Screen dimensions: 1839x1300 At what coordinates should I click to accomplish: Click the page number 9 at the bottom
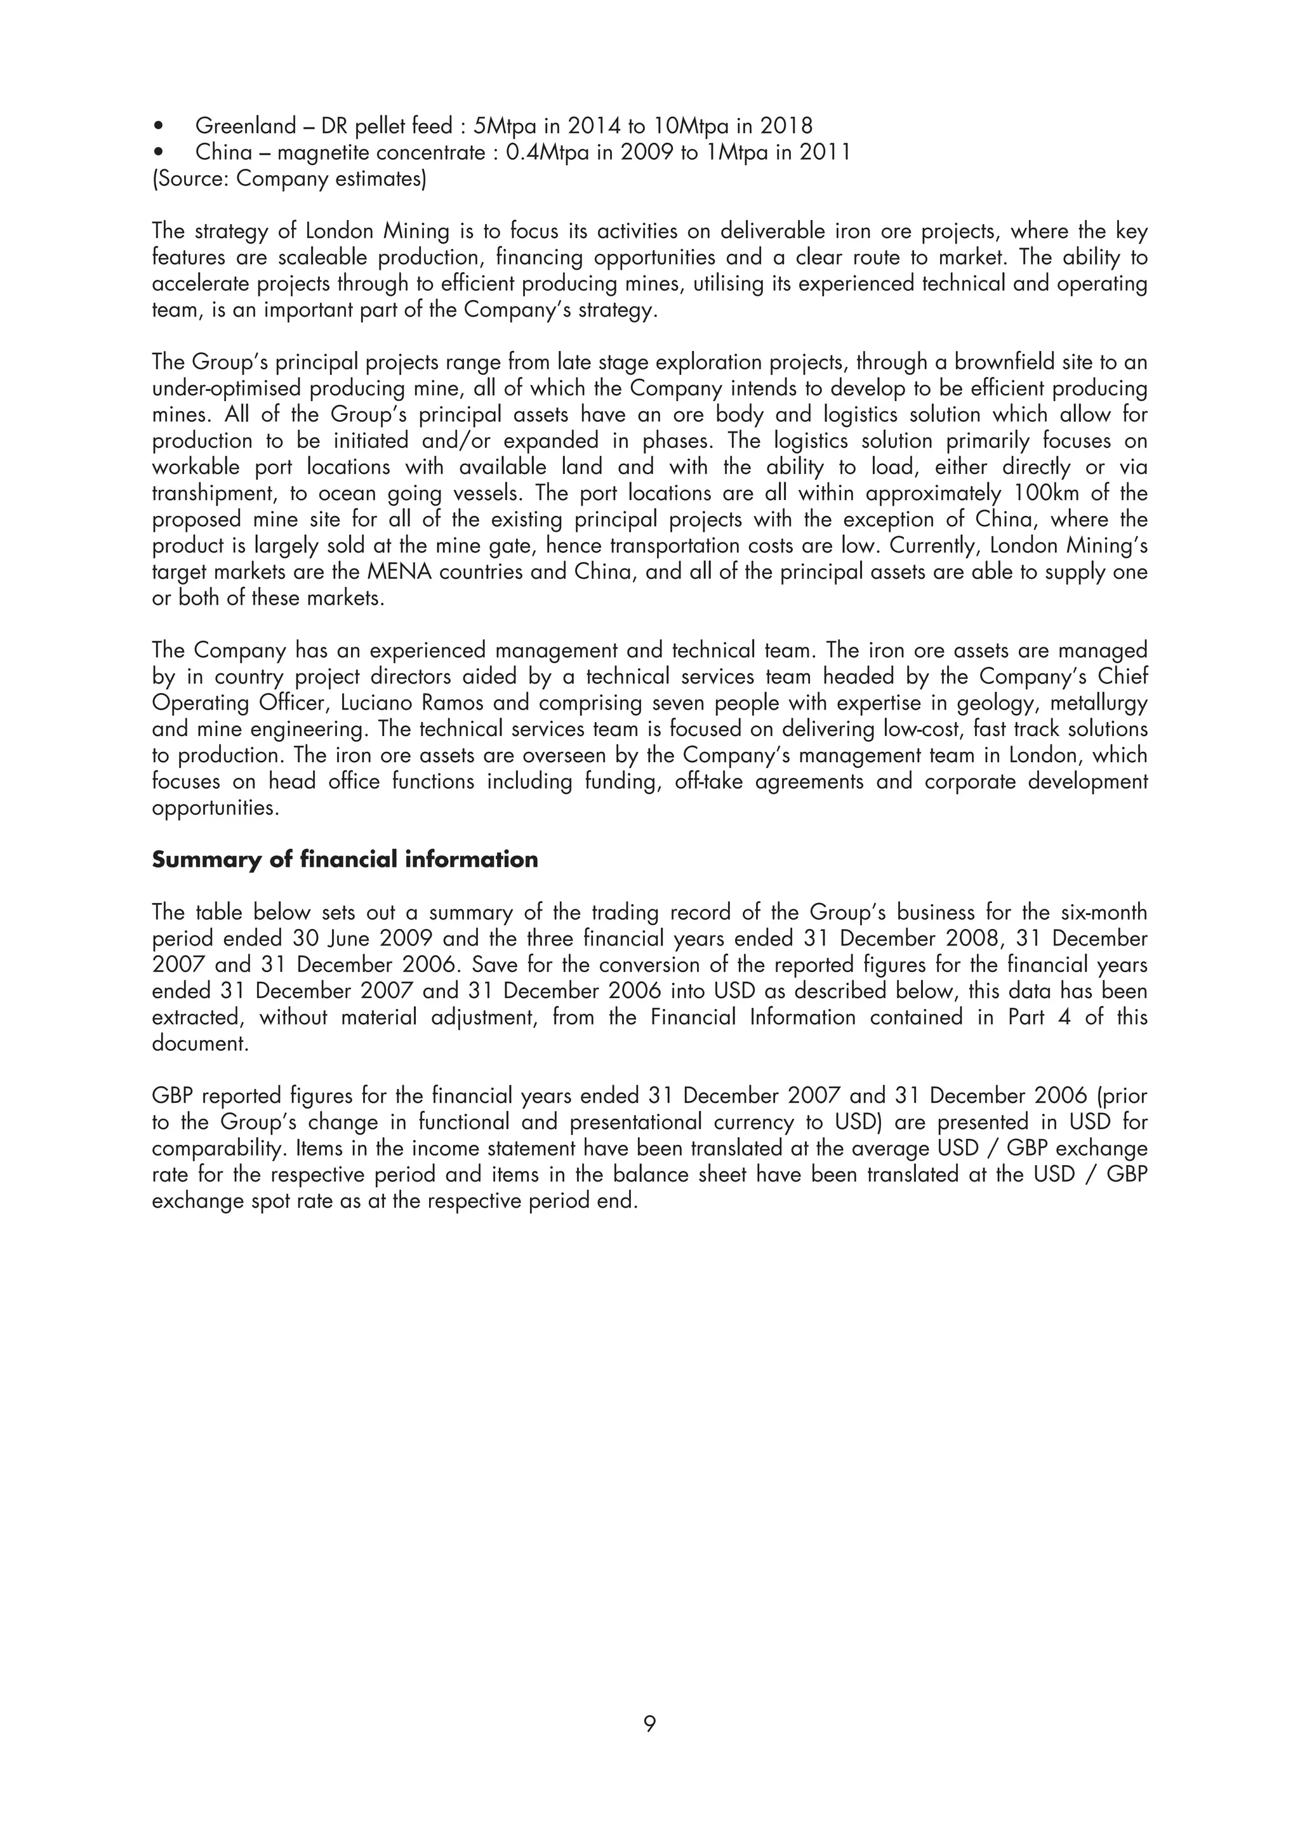click(x=649, y=1723)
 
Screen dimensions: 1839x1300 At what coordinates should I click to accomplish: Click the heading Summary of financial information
click(x=345, y=859)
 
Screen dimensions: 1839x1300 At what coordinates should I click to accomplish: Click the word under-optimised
click(x=225, y=388)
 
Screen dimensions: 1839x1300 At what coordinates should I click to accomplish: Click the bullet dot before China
click(x=161, y=152)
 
